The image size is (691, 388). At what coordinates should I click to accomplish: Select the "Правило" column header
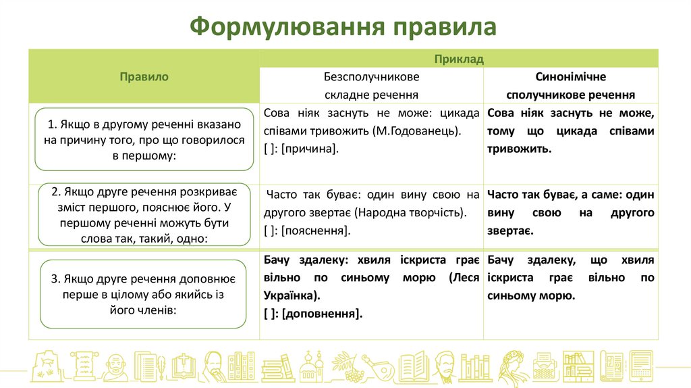(144, 77)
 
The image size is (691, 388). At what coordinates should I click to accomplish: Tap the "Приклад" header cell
(459, 59)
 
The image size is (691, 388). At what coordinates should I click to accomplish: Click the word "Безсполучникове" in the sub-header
(371, 77)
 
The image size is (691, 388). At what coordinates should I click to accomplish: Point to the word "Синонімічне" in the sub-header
(571, 77)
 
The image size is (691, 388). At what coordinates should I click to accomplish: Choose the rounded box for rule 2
(144, 214)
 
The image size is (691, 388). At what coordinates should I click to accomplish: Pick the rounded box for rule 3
(144, 294)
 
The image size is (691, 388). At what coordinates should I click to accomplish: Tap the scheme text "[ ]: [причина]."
(301, 149)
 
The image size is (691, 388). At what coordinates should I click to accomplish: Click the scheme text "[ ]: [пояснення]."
(307, 231)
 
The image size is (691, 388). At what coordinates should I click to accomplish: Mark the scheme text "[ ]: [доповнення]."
(313, 313)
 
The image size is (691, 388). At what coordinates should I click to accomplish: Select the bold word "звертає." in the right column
(510, 231)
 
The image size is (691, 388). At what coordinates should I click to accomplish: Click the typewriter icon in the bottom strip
(543, 367)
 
